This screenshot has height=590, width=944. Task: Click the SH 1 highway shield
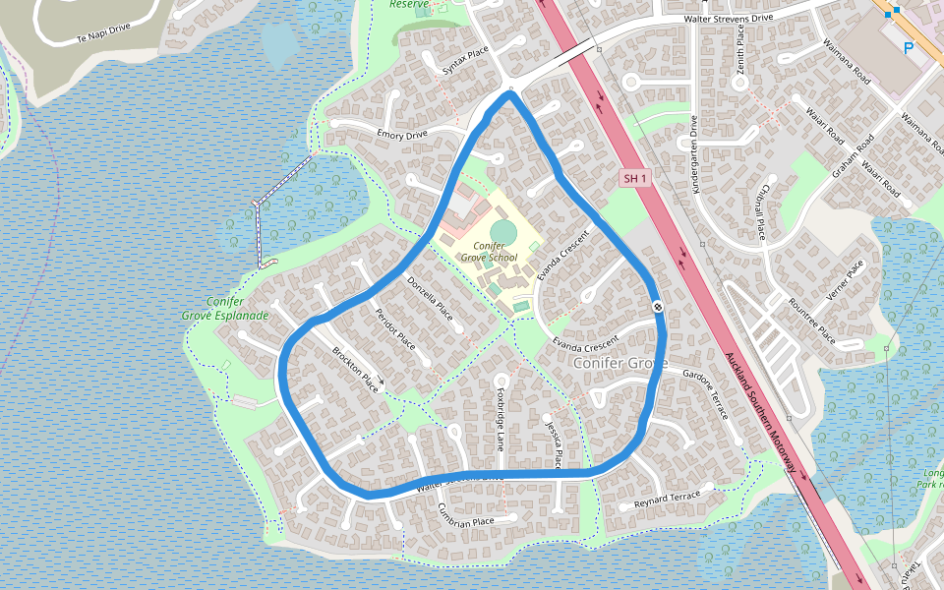(635, 178)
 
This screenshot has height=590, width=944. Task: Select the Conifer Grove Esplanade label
(225, 309)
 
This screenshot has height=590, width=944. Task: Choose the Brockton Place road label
(356, 365)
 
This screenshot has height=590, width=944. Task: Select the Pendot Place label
(395, 329)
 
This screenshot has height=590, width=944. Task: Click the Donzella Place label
(430, 298)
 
